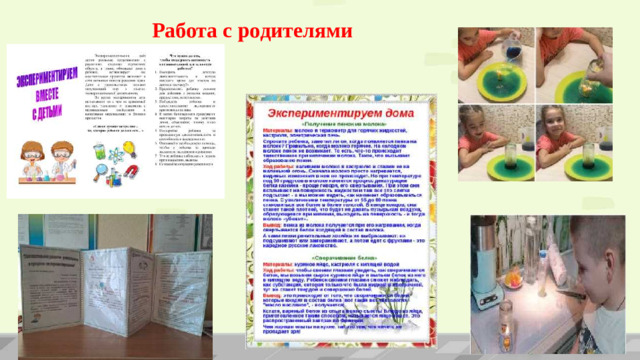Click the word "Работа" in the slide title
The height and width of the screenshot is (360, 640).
(x=191, y=34)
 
